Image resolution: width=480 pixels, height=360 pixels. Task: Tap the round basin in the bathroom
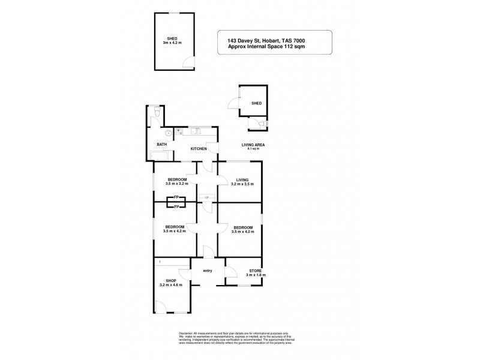[x=169, y=133]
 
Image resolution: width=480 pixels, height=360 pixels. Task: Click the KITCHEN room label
[x=199, y=148]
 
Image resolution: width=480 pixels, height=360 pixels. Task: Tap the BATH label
[x=161, y=145]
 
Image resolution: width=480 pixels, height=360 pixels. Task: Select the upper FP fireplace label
[x=176, y=197]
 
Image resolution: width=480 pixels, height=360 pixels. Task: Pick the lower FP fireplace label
[x=176, y=207]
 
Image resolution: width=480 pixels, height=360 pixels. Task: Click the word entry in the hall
[x=208, y=272]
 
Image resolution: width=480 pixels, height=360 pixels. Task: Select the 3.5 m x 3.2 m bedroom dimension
[x=176, y=184]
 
